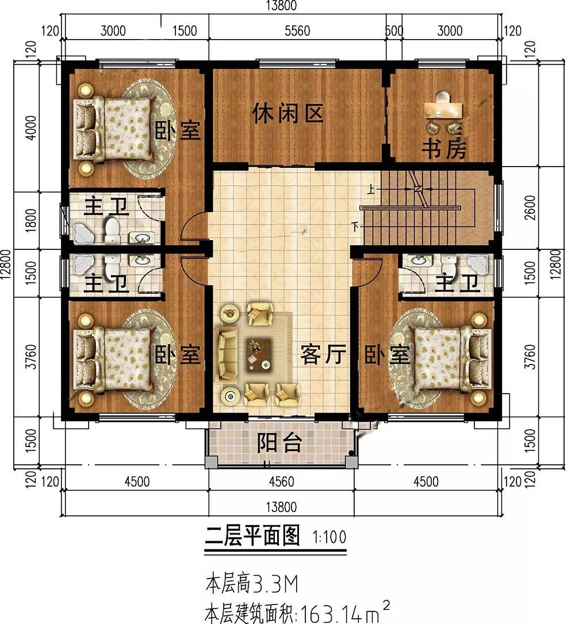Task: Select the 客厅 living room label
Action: click(x=323, y=356)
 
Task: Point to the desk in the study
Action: click(x=443, y=109)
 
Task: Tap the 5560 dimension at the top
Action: click(x=297, y=31)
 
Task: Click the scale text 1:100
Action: click(x=329, y=538)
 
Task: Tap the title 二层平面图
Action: click(x=253, y=537)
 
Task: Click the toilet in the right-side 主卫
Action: click(x=447, y=266)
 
